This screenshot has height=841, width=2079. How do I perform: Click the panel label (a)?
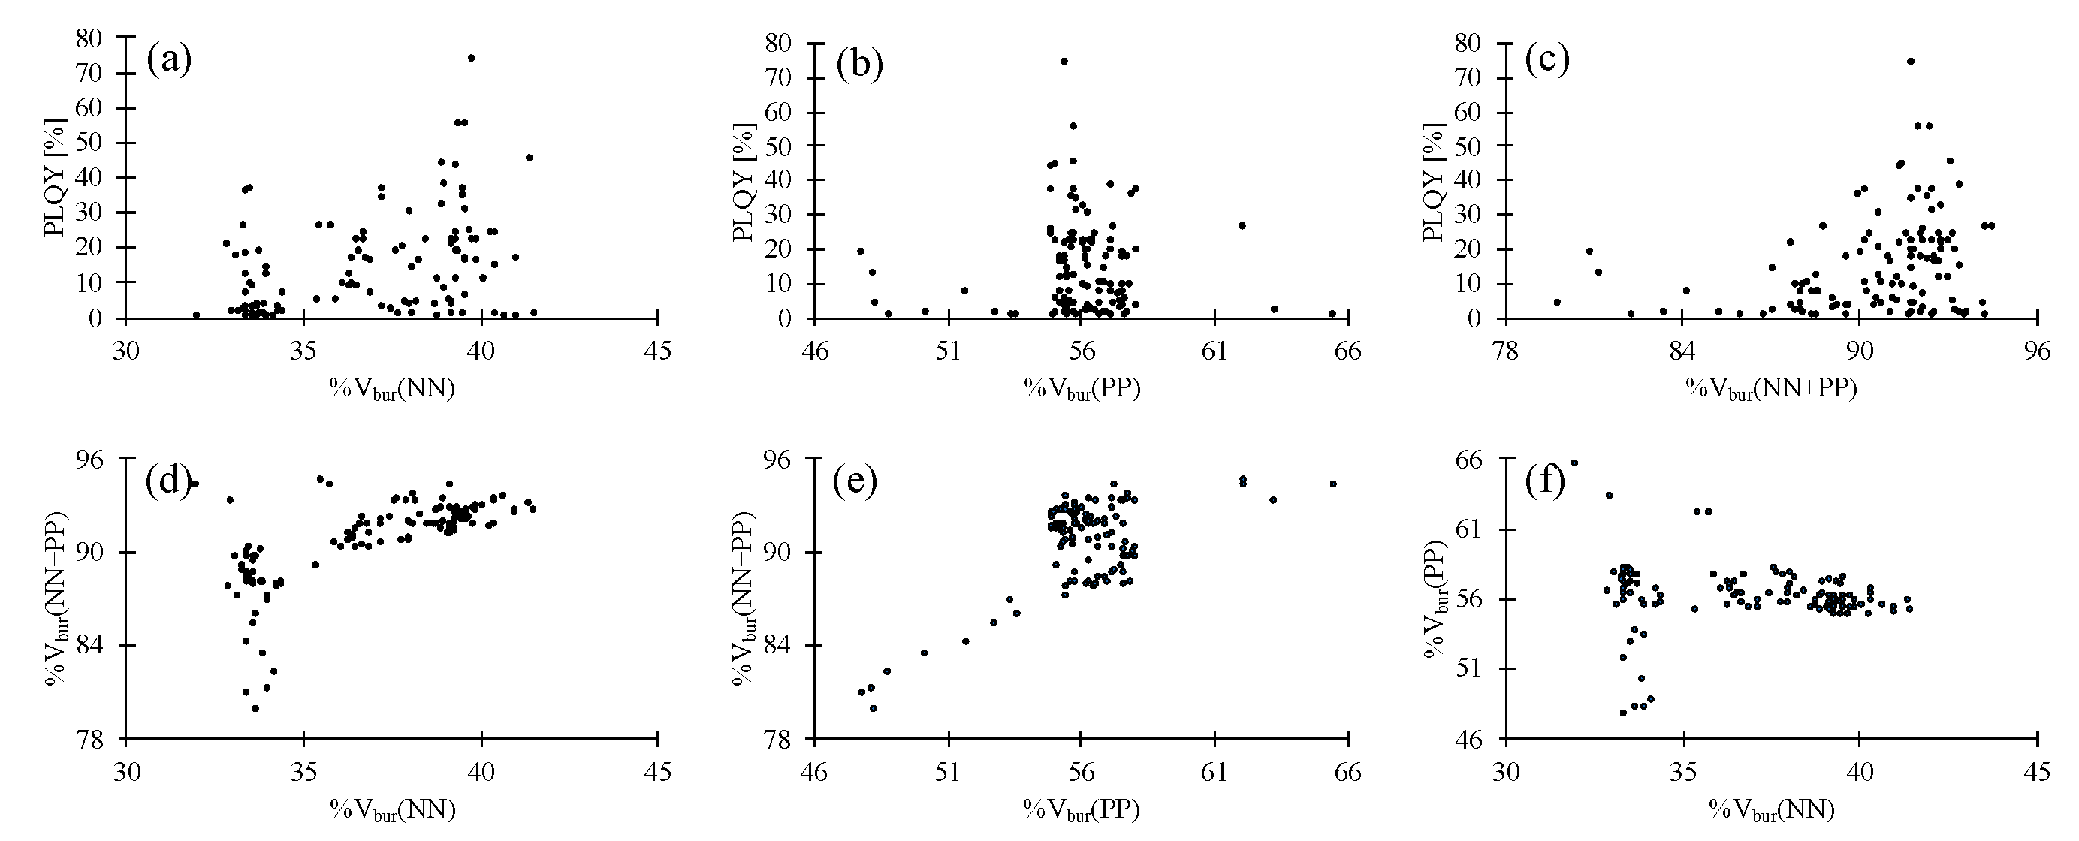[169, 61]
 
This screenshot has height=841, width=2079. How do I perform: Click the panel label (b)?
[859, 65]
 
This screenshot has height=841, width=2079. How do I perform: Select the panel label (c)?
[1547, 61]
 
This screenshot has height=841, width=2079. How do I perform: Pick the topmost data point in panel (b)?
[1064, 62]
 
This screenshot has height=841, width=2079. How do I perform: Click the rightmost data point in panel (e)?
[1333, 484]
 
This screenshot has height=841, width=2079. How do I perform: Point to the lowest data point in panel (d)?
[255, 708]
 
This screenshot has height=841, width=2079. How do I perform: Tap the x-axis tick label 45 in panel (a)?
[659, 351]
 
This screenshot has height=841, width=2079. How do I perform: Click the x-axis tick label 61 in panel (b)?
[1215, 352]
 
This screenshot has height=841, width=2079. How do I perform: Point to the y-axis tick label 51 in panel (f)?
[1468, 669]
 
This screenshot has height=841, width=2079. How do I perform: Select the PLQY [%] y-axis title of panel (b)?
[745, 182]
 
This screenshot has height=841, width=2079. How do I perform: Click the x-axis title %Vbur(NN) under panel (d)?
[392, 809]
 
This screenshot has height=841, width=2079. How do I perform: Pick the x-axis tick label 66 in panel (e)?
[1347, 772]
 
